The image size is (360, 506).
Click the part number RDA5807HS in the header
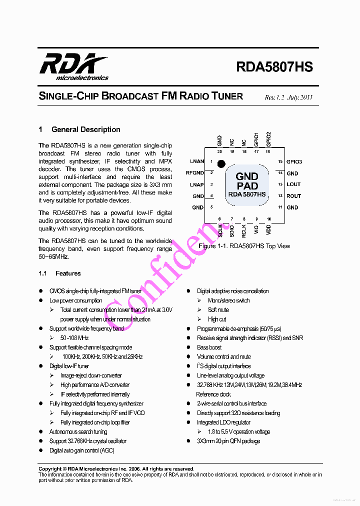tap(274, 67)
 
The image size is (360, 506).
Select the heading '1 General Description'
tap(79, 129)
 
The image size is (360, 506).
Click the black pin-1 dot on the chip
tap(221, 163)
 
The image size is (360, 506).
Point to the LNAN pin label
tap(197, 161)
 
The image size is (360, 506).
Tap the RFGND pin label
tap(194, 173)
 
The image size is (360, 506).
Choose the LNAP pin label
tap(197, 184)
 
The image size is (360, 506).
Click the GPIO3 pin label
tap(294, 161)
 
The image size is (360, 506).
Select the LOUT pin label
tap(293, 184)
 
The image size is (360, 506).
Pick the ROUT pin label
tap(293, 196)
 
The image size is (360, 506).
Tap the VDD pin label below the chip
tap(269, 230)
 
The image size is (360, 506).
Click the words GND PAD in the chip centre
tap(247, 181)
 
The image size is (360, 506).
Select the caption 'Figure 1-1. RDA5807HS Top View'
tap(244, 246)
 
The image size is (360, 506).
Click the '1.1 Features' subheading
tap(59, 273)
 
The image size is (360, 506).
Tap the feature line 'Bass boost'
tap(209, 347)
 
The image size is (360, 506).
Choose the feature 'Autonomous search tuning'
tap(78, 431)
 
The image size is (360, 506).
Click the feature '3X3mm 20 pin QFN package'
tap(228, 441)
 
